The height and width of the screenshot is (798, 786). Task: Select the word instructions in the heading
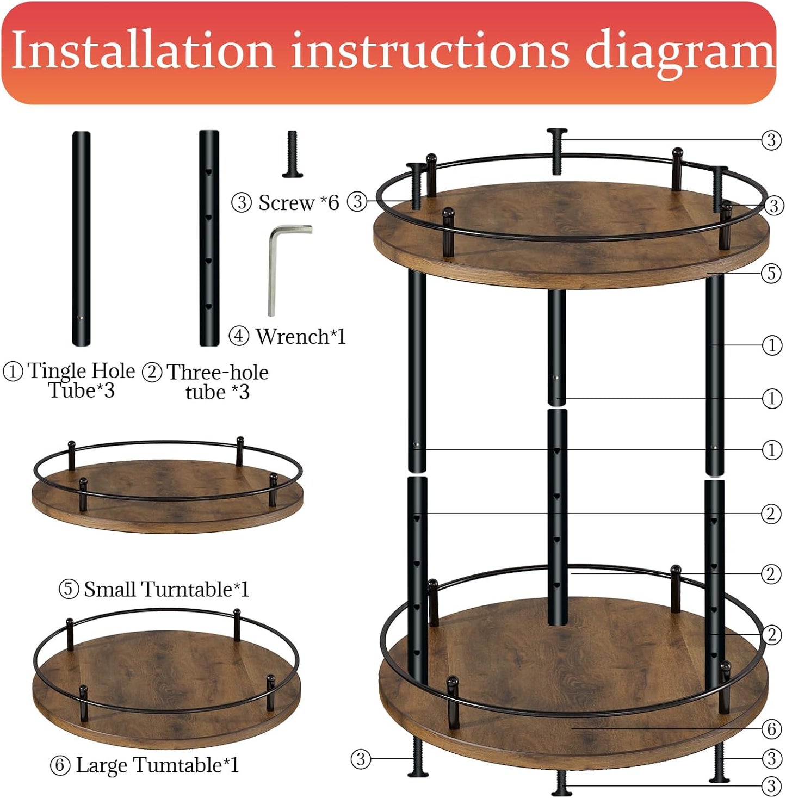click(x=430, y=51)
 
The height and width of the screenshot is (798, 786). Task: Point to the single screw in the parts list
click(x=292, y=154)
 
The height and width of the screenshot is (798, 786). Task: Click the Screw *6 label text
click(x=298, y=203)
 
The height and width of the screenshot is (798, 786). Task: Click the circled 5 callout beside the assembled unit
click(x=771, y=273)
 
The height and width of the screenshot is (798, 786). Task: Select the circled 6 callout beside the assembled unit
click(x=771, y=728)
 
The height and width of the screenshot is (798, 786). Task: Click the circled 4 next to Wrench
click(x=239, y=336)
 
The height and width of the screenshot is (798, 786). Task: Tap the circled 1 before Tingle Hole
click(x=13, y=372)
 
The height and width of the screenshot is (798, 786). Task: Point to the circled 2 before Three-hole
click(x=152, y=373)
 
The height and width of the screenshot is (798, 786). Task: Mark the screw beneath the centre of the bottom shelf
click(x=561, y=784)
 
